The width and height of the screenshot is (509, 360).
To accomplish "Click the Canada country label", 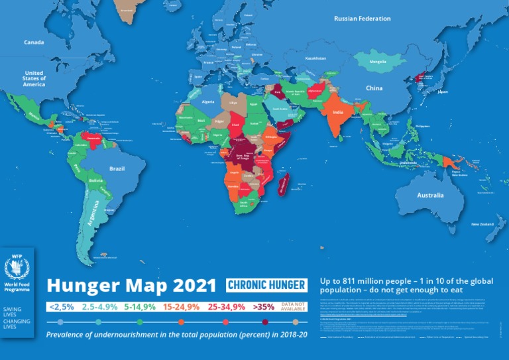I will pyautogui.click(x=34, y=42).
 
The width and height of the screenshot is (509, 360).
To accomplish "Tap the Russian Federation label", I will pyautogui.click(x=362, y=19).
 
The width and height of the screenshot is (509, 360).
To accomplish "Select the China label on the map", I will pyautogui.click(x=374, y=88).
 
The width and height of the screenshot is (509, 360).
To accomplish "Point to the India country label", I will pyautogui.click(x=337, y=113).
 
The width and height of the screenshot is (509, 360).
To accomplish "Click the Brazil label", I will pyautogui.click(x=117, y=168).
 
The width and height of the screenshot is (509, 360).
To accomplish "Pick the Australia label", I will pyautogui.click(x=430, y=196).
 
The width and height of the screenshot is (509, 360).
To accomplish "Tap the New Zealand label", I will pyautogui.click(x=483, y=225).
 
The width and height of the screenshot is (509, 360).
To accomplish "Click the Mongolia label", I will pyautogui.click(x=376, y=63).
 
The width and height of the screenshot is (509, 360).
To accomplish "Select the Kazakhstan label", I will pyautogui.click(x=315, y=58).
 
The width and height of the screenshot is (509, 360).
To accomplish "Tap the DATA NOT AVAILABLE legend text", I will pyautogui.click(x=294, y=306).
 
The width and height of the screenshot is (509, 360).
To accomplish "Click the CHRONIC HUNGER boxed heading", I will pyautogui.click(x=266, y=285).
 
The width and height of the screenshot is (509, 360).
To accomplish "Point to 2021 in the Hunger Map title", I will pyautogui.click(x=189, y=286).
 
